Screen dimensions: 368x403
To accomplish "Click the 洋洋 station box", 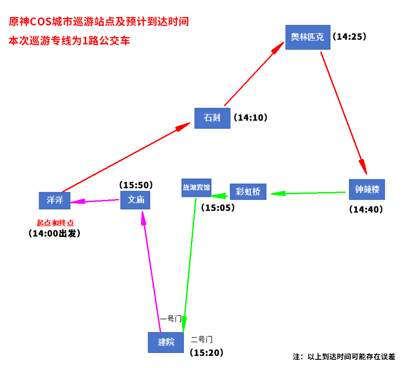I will tap(54, 200).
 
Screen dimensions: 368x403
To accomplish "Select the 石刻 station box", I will tap(212, 118).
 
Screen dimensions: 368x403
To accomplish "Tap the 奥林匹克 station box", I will tap(308, 37).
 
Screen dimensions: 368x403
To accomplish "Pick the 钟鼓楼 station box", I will tap(367, 190).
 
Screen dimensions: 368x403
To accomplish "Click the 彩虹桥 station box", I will tap(247, 192).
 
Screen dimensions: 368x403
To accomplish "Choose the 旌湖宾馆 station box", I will tap(196, 188).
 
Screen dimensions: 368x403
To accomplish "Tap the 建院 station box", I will tap(166, 342).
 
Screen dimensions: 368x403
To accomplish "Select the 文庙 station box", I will tap(135, 200).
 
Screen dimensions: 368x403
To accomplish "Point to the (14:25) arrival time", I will tap(349, 37).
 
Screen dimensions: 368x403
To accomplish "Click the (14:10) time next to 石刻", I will tap(250, 118).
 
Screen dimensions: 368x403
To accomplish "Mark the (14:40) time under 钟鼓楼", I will tap(366, 209).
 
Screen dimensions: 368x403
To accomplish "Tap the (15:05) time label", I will tap(218, 208).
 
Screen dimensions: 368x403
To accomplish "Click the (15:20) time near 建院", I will tap(207, 353).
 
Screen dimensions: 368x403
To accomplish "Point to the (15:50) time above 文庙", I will tap(136, 185).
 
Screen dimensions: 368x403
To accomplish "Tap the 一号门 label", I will tap(170, 319).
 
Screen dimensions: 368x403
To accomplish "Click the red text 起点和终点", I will tap(55, 223).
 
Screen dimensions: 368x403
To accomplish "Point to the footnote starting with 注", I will tap(344, 357).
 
